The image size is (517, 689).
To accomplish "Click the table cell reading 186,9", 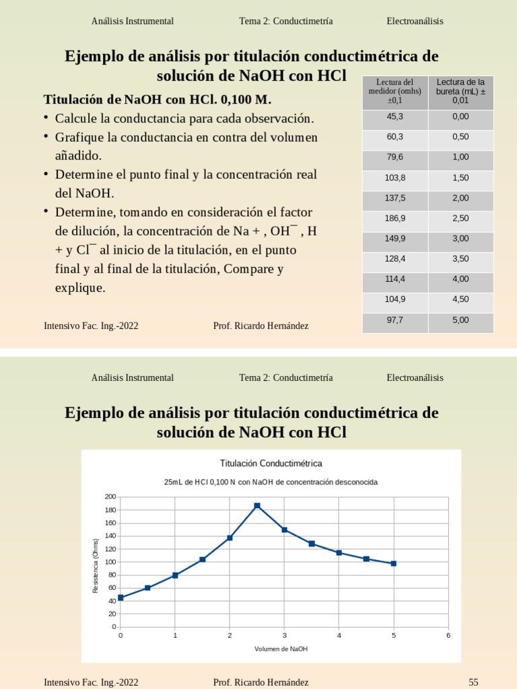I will coord(395,219).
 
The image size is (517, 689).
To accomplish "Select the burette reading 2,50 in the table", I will coord(460,219).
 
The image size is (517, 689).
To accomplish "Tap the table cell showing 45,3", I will coord(395,117).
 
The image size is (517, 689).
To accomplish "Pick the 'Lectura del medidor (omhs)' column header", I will coord(395,92).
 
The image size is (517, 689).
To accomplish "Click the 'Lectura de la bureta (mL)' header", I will coord(460,92).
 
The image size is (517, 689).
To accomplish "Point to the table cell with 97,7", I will coord(395,320).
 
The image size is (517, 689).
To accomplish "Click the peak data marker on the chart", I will coord(257,505).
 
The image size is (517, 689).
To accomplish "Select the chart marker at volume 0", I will coord(120,597).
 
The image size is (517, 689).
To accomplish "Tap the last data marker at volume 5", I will coord(394,563).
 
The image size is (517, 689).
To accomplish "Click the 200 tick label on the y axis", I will coord(110,497).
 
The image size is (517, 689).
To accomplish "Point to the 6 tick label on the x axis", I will coord(448,635).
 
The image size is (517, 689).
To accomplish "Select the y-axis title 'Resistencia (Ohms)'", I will coord(96,565).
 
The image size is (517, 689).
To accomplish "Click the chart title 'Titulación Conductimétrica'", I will coord(271,464).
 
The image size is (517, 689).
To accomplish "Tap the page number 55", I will coord(473,682).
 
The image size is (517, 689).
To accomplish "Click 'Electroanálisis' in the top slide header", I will coord(415,21).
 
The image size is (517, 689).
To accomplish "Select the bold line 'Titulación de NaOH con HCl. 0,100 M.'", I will coord(158,100).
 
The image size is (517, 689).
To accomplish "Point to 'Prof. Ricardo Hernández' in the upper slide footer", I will coord(261,326).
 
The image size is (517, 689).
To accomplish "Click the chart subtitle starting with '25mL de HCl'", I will coord(271,482).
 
